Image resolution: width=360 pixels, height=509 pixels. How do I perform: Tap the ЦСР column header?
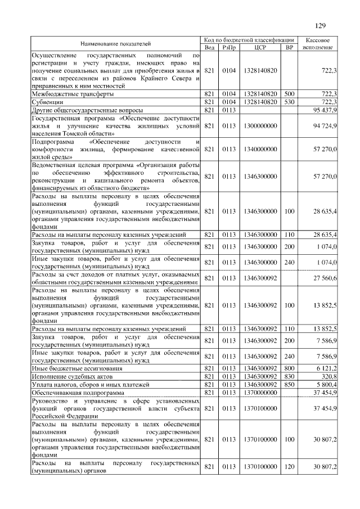pyautogui.click(x=260, y=48)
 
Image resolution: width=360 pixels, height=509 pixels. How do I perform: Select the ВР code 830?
pyautogui.click(x=290, y=376)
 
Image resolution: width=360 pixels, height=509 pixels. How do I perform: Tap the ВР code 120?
pyautogui.click(x=290, y=467)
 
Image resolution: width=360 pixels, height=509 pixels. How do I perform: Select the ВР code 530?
pyautogui.click(x=290, y=102)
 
